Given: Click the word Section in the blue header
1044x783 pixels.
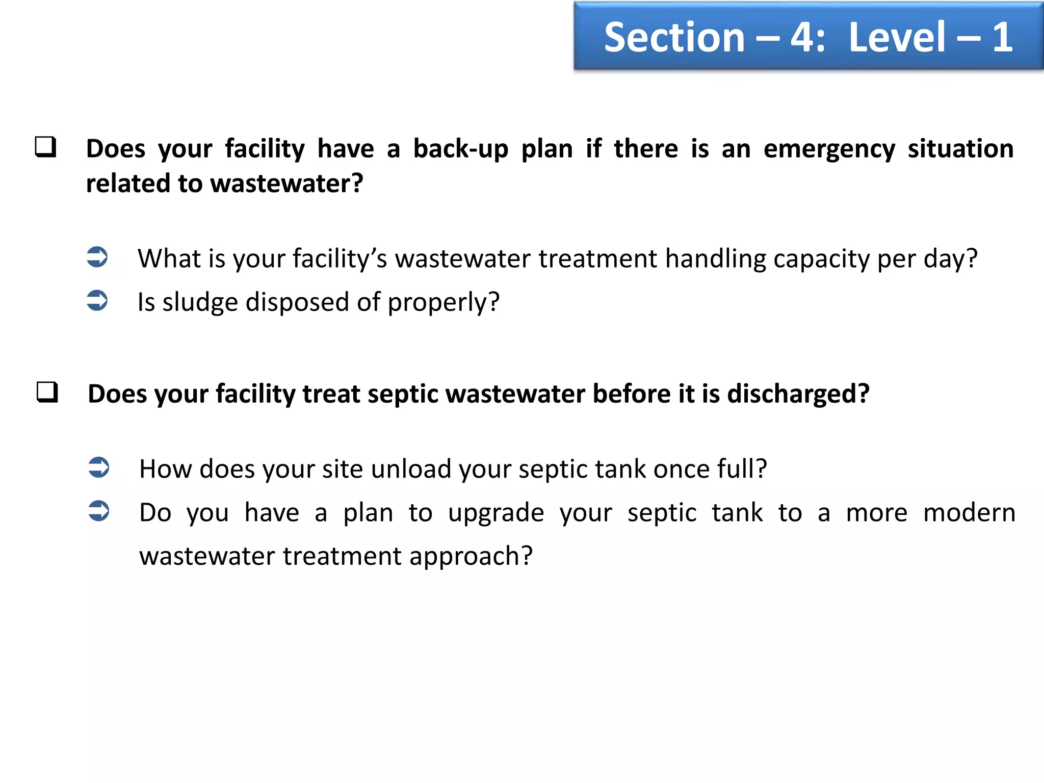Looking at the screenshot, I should point(674,38).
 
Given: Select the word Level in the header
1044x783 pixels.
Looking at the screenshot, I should point(897,38).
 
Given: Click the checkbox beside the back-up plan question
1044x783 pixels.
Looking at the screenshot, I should point(45,147).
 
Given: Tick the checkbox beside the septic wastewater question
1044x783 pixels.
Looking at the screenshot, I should point(47,392).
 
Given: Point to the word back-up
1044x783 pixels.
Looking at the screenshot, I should point(460,149).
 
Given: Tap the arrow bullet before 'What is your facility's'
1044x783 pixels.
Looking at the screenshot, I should point(97,257).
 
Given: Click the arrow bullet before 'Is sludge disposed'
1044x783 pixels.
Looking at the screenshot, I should point(97,300).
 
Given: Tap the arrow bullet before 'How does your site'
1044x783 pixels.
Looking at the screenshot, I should point(98,467).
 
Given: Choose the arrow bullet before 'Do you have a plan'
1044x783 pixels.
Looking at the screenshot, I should point(98,511).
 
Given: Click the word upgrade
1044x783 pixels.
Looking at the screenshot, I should point(495,513).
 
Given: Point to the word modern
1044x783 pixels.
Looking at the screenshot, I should point(969,512).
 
